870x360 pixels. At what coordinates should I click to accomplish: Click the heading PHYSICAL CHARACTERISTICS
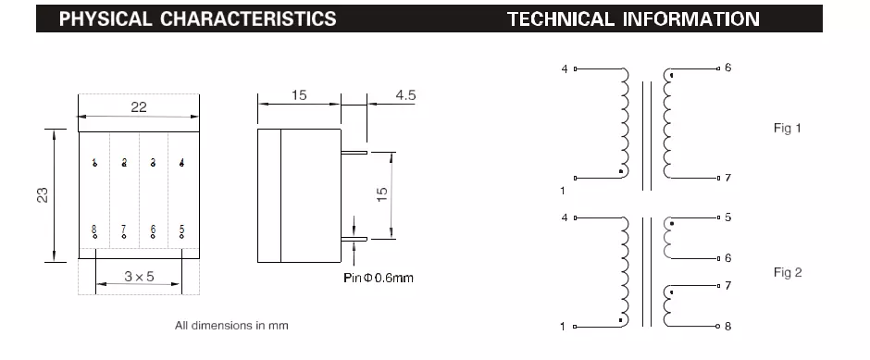tap(197, 19)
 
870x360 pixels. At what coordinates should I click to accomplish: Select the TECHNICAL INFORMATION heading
tap(633, 19)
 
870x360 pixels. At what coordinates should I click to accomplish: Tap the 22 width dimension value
tap(139, 107)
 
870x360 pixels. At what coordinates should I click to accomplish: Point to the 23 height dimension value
tap(43, 195)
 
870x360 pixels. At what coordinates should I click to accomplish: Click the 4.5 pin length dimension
tap(405, 95)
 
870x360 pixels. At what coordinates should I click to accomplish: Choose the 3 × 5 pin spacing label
tap(139, 276)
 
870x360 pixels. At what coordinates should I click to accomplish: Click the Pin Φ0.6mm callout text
tap(379, 278)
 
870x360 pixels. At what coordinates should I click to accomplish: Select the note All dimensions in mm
tap(231, 326)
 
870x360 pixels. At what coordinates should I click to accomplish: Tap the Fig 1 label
tap(788, 128)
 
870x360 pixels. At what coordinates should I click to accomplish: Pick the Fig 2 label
tap(788, 272)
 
